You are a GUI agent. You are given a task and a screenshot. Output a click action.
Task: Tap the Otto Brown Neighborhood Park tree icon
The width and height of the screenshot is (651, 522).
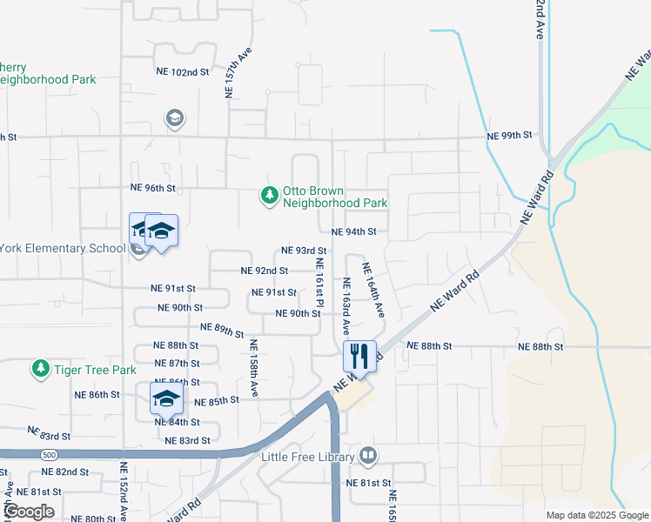click(x=269, y=197)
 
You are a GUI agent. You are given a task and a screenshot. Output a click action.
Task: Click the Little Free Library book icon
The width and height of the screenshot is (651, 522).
click(x=368, y=456)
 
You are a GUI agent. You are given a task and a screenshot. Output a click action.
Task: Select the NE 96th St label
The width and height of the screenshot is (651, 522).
click(x=152, y=188)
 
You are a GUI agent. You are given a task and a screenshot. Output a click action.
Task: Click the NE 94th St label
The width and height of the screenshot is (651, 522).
click(x=353, y=231)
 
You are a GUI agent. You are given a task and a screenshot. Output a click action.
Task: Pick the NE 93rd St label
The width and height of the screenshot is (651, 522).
click(x=304, y=251)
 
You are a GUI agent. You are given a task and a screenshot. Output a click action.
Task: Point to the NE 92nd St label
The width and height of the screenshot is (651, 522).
click(x=264, y=271)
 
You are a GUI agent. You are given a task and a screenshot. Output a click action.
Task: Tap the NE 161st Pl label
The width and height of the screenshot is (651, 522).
click(x=320, y=287)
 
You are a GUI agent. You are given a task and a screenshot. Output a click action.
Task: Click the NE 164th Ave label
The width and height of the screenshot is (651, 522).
click(x=372, y=291)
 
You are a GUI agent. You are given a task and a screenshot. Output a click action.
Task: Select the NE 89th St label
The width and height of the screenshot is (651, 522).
click(x=222, y=330)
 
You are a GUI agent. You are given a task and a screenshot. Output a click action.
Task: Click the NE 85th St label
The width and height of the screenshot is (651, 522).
click(x=216, y=401)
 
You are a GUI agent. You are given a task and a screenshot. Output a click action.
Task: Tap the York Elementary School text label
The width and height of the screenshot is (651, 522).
click(x=63, y=249)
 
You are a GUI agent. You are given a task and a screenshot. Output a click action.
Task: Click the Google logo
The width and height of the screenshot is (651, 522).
click(x=29, y=512)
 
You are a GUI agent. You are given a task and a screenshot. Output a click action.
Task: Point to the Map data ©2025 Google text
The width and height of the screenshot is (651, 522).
click(x=596, y=515)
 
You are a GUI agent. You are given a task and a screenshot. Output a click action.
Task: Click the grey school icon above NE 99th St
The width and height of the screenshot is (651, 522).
click(x=174, y=118)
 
